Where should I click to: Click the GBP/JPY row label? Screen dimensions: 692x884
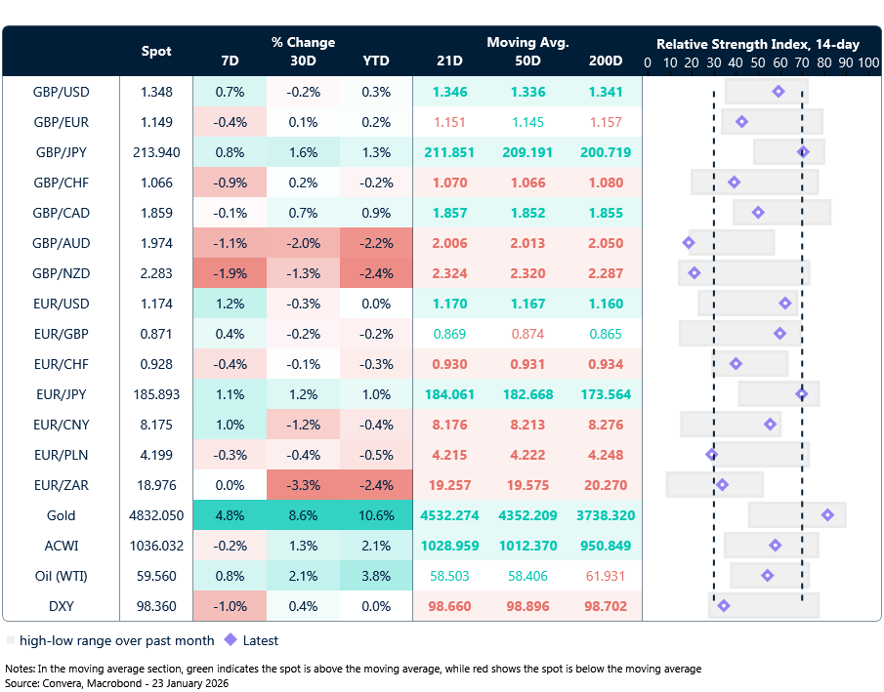click(61, 152)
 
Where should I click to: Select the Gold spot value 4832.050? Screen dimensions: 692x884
click(156, 515)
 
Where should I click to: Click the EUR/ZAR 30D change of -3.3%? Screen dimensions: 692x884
click(303, 485)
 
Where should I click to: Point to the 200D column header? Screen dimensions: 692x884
click(606, 61)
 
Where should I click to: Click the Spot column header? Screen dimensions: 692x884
click(156, 52)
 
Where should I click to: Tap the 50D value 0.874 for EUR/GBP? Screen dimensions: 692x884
click(528, 334)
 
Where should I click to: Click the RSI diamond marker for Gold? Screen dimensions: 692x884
click(828, 515)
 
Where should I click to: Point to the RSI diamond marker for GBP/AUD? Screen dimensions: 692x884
click(689, 243)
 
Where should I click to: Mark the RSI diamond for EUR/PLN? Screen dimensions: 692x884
click(712, 455)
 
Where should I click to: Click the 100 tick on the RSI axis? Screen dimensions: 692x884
click(867, 62)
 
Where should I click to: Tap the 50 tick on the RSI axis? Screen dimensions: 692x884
click(757, 62)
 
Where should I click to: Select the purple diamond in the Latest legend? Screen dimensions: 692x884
click(231, 641)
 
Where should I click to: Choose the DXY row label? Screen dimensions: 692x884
click(61, 606)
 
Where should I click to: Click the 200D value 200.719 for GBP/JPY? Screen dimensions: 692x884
click(606, 152)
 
